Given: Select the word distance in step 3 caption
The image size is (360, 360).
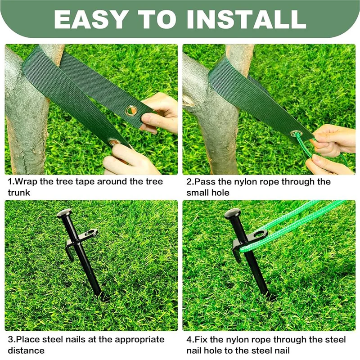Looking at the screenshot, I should [26, 351].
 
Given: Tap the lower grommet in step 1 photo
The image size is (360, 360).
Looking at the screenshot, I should [114, 143].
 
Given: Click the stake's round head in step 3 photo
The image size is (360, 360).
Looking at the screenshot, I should [64, 213].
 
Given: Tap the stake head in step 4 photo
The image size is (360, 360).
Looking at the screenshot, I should [232, 213].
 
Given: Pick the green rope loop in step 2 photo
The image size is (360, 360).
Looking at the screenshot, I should [306, 148].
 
